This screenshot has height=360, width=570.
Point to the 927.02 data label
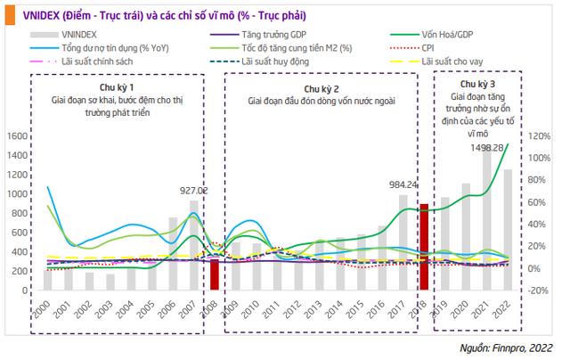(194, 191)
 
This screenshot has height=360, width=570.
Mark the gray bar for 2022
(507, 218)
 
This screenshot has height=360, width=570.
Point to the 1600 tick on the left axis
(17, 136)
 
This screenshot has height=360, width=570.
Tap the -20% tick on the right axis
(540, 290)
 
